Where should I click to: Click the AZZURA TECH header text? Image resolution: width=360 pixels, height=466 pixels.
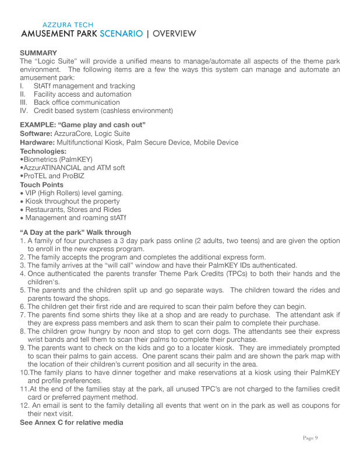click(x=68, y=25)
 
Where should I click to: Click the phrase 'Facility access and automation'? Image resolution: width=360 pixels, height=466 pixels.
click(x=82, y=94)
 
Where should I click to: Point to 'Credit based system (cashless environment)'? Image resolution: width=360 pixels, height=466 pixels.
click(x=103, y=111)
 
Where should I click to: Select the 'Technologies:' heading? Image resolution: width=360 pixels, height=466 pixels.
click(x=44, y=151)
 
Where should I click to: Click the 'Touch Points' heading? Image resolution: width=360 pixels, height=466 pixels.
click(x=42, y=185)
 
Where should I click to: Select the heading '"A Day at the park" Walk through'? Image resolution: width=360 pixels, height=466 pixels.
click(x=76, y=232)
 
